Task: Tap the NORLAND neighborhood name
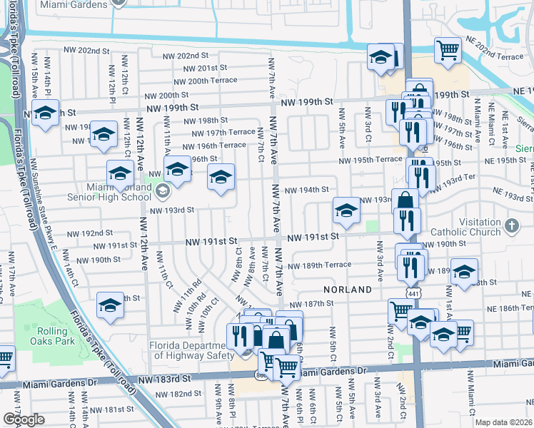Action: click(348, 290)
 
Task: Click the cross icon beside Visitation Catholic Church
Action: click(511, 226)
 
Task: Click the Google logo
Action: click(24, 419)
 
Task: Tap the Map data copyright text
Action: click(503, 422)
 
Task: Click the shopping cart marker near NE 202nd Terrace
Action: click(448, 49)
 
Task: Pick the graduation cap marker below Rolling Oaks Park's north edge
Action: click(110, 305)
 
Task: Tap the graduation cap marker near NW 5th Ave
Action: click(346, 210)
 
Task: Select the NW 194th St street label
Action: click(306, 190)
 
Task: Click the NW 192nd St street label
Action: click(90, 233)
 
